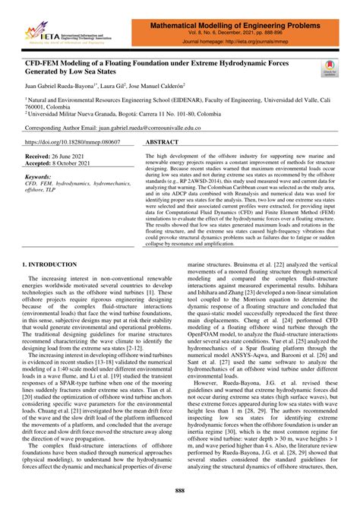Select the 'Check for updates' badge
coord(330,69)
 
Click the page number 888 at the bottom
coord(179,491)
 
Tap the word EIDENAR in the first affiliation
coord(197,100)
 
